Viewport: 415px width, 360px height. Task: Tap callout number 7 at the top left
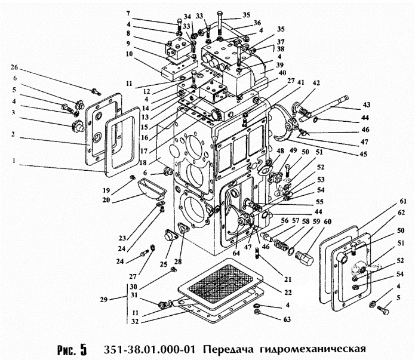click(127, 13)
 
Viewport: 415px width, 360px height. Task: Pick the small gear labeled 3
click(76, 127)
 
